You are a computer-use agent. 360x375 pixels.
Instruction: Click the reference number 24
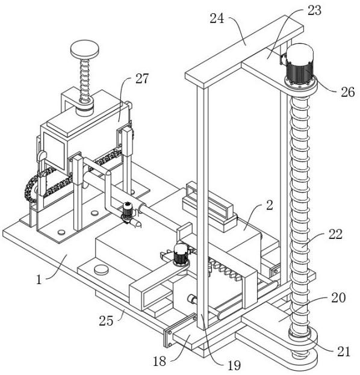point(217,19)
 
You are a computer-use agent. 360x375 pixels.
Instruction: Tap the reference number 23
point(314,10)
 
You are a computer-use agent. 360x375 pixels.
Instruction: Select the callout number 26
point(347,92)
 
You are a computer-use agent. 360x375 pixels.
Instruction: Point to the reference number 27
point(142,78)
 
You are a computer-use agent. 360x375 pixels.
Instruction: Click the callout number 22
point(335,234)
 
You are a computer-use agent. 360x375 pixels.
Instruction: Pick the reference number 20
point(338,297)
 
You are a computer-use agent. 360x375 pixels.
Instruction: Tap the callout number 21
point(344,352)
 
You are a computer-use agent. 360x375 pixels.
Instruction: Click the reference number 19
point(234,365)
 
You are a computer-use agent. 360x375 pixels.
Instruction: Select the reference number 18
point(160,361)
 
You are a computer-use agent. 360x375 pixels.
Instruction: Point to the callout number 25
point(106,321)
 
